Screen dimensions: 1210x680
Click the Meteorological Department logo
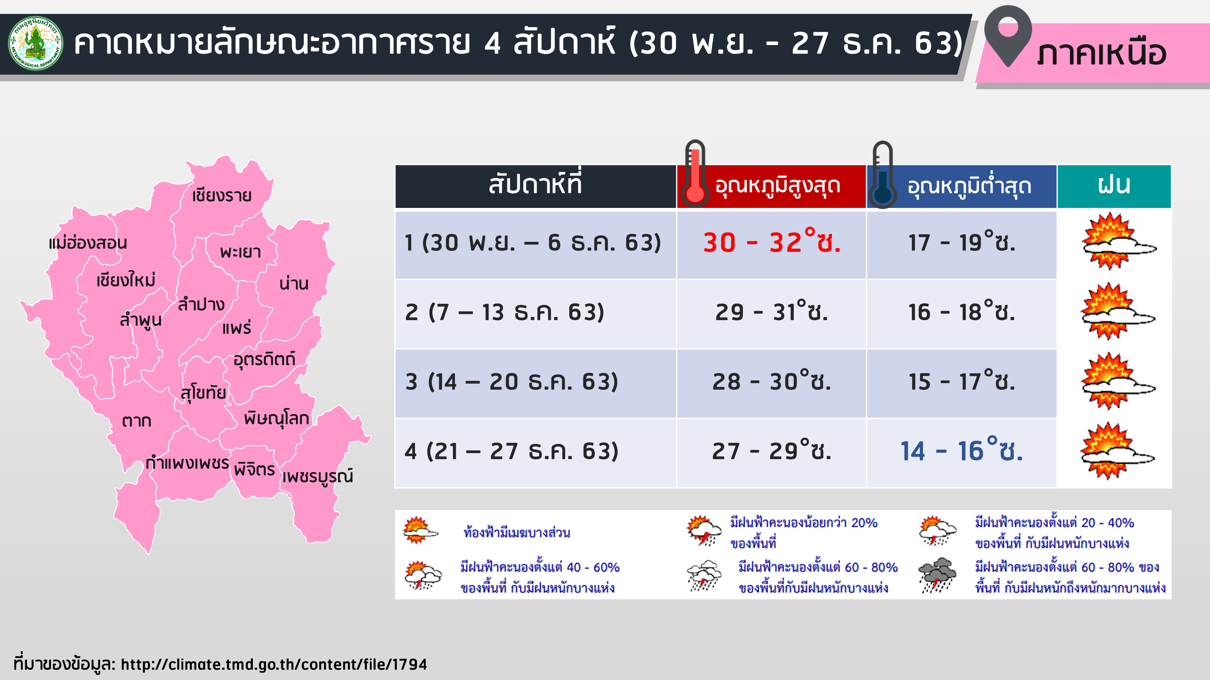pos(36,44)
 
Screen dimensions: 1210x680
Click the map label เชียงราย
pos(222,195)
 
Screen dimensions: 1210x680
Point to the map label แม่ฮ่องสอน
pos(88,243)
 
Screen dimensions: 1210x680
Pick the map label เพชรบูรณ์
pos(318,476)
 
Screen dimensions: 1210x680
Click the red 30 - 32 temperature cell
pos(772,242)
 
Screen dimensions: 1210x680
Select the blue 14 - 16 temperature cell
pos(962,451)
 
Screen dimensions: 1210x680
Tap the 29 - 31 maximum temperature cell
pos(772,312)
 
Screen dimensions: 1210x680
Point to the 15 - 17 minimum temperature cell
pos(962,381)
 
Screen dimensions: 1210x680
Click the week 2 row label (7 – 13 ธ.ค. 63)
pos(505,312)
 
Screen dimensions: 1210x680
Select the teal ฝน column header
pos(1114,186)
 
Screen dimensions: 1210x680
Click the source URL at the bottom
pos(274,664)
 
